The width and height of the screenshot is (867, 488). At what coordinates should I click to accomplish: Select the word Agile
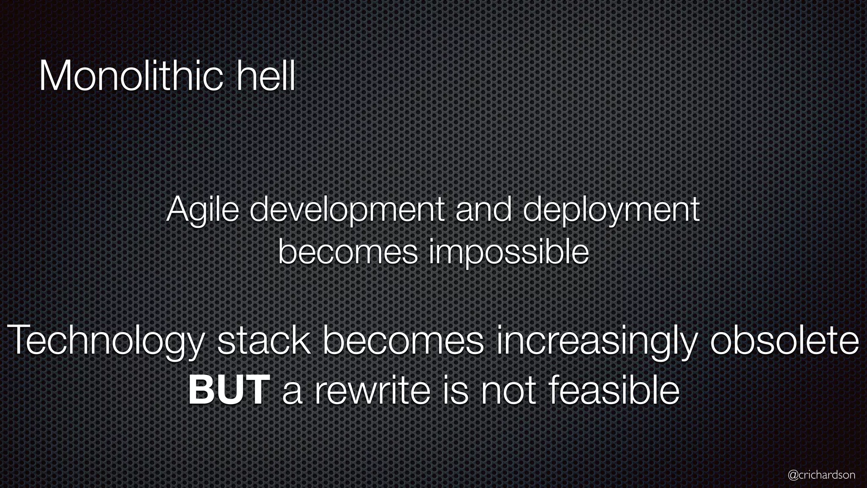[x=202, y=211]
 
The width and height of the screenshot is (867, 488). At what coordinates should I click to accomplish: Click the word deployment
[x=611, y=211]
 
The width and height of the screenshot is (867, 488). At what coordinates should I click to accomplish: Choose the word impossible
[x=508, y=253]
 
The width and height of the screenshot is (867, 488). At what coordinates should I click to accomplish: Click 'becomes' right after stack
[x=403, y=340]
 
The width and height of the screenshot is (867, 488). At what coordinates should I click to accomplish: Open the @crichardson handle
[x=821, y=475]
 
